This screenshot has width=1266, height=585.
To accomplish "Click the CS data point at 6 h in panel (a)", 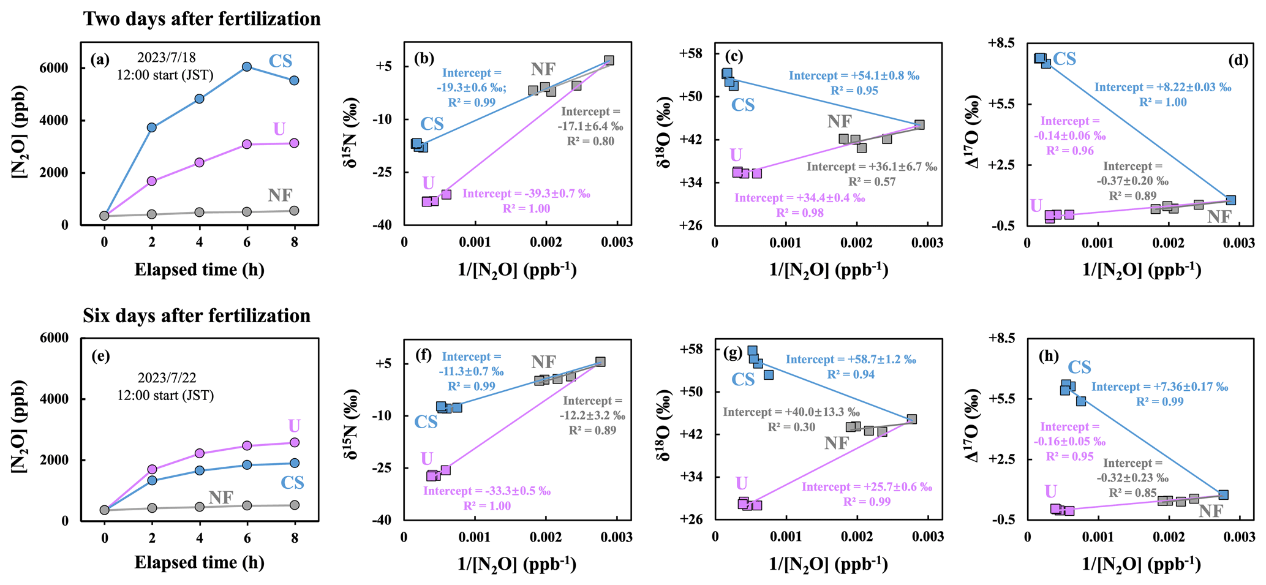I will (247, 67).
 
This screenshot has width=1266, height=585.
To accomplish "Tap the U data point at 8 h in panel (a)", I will (294, 143).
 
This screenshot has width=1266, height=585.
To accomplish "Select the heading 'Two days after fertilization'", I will (202, 19).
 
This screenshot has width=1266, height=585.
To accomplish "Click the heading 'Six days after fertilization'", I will (197, 315).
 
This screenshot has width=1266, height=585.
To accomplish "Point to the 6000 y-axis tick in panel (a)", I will (56, 68).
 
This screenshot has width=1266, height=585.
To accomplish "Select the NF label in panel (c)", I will (839, 121).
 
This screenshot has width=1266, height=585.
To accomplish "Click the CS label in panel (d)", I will (1064, 59).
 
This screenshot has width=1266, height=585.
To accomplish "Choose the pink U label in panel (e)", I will (294, 426).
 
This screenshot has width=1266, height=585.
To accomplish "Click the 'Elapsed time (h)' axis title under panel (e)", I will (200, 563).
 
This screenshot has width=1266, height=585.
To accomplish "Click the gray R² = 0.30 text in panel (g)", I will (791, 427).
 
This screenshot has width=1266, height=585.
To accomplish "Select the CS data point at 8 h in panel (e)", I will (294, 463).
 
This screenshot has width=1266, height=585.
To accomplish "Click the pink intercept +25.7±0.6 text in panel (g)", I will (866, 487).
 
